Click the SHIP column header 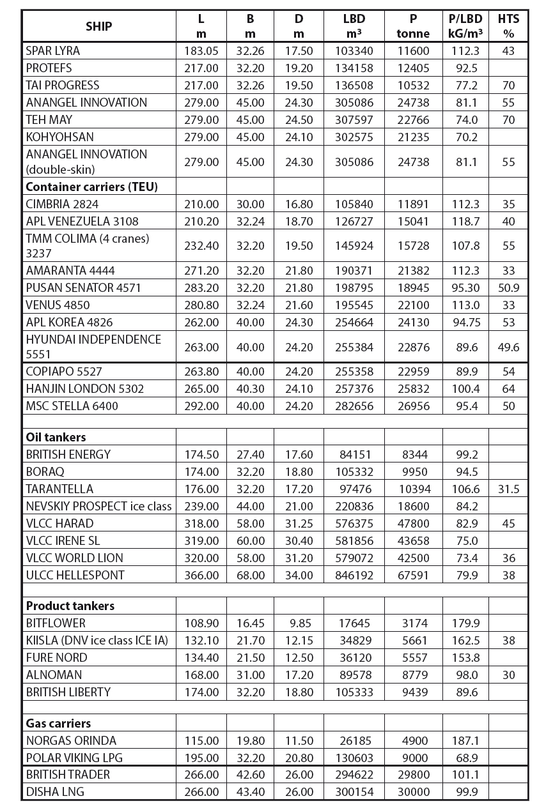(98, 26)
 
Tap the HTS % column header (508, 26)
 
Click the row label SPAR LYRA (53, 50)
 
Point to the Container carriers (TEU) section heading (91, 187)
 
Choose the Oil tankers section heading (56, 437)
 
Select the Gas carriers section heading (58, 723)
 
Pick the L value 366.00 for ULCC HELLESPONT (201, 575)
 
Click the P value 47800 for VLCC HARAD (414, 523)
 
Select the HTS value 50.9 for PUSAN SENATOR (508, 287)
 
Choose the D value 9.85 (299, 623)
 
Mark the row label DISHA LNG (55, 791)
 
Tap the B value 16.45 (250, 623)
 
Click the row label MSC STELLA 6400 (72, 406)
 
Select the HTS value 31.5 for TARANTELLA (508, 489)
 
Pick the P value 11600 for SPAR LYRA (414, 50)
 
